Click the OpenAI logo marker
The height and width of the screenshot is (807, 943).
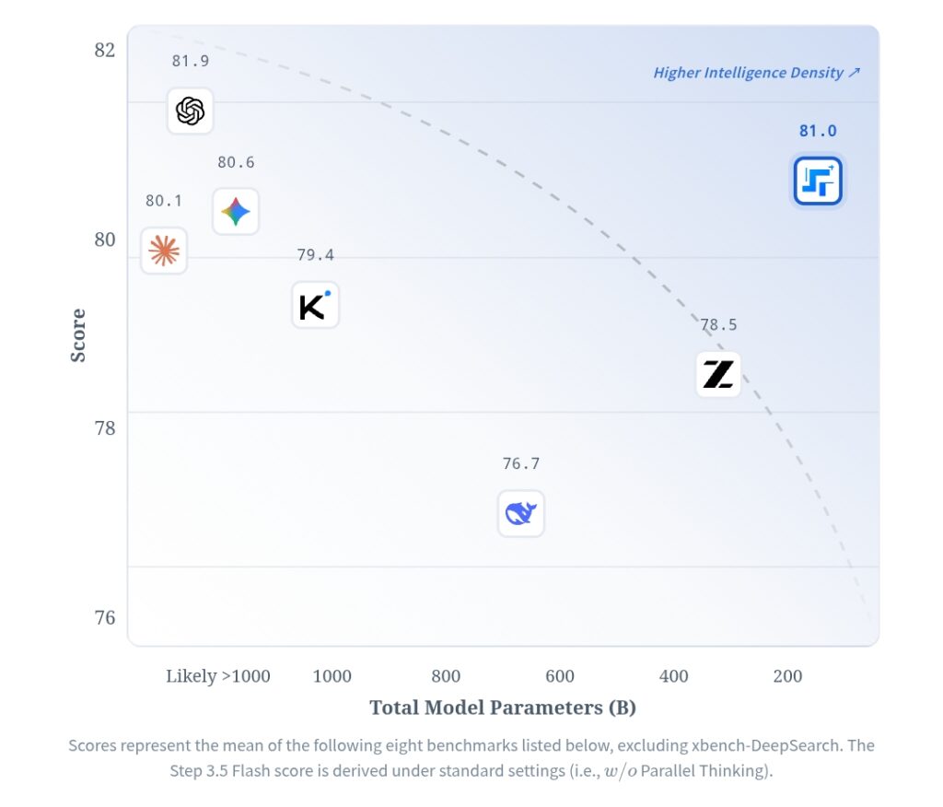190,111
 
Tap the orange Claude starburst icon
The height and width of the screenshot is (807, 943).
164,251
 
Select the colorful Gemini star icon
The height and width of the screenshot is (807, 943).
236,212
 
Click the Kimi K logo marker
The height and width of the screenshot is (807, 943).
315,305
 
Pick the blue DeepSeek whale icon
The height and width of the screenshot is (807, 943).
521,513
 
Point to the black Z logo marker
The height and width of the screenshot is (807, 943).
718,374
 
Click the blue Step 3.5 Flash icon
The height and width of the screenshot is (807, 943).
818,181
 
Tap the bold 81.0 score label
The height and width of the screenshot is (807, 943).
818,131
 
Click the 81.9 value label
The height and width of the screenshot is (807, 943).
190,61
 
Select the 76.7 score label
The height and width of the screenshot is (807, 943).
521,463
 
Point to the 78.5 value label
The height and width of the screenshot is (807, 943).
718,324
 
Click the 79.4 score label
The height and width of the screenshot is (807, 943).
315,254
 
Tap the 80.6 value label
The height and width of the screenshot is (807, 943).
236,162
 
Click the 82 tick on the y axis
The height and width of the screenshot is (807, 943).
105,50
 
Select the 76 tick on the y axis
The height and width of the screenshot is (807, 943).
105,616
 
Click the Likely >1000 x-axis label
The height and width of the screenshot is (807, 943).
218,676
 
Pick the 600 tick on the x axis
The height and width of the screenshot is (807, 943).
559,676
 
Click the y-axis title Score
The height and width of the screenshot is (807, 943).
78,335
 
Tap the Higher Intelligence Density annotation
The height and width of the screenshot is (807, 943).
756,73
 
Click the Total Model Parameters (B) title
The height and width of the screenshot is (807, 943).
503,708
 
